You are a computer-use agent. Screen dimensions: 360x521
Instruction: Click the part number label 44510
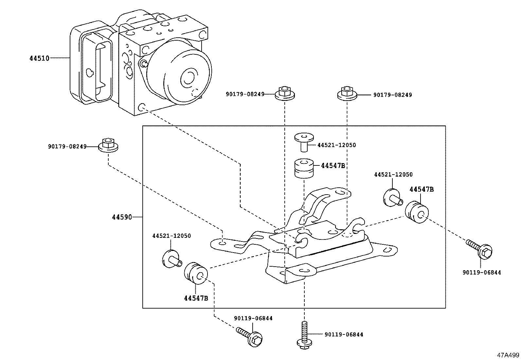[39, 58]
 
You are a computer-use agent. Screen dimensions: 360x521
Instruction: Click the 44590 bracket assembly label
[122, 217]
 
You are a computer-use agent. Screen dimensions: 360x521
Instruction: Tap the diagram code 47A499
[508, 355]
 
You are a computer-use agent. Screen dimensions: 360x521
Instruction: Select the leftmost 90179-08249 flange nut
[108, 146]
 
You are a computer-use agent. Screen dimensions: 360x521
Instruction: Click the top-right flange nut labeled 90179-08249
[347, 93]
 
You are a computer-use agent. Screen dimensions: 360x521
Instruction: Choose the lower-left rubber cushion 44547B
[196, 273]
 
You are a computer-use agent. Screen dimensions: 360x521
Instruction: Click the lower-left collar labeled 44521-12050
[172, 259]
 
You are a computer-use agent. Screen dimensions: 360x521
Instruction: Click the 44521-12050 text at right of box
[393, 175]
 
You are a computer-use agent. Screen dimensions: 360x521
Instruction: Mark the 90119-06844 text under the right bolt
[481, 272]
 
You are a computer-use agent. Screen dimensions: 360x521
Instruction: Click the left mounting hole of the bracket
[222, 243]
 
